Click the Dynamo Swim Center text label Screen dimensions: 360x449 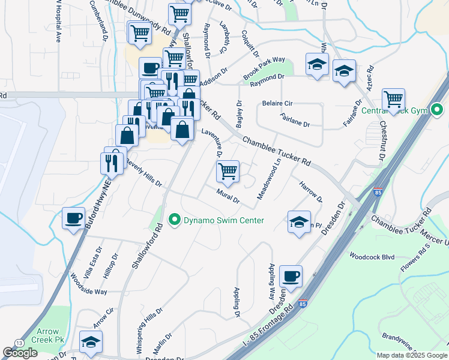223,220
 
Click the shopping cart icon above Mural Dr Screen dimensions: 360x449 228,172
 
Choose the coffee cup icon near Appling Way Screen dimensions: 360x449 291,276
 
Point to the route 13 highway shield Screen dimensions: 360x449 21,341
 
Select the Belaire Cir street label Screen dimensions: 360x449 277,103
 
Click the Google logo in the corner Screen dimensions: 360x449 20,353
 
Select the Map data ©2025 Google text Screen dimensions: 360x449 411,355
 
